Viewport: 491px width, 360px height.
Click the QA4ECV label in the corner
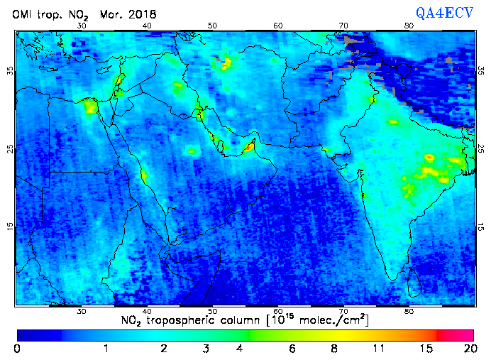445,12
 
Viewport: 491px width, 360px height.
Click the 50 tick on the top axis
212,26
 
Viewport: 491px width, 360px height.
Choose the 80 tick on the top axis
409,26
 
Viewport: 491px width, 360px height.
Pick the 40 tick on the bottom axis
147,311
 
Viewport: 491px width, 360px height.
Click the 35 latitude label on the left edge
10,72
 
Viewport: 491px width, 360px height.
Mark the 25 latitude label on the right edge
480,149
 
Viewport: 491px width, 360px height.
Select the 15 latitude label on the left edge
10,227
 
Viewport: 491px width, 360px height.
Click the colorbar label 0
17,349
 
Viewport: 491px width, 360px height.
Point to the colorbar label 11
380,349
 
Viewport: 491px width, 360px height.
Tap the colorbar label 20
468,349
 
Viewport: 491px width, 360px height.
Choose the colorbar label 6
292,349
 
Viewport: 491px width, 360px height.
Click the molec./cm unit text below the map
332,320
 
